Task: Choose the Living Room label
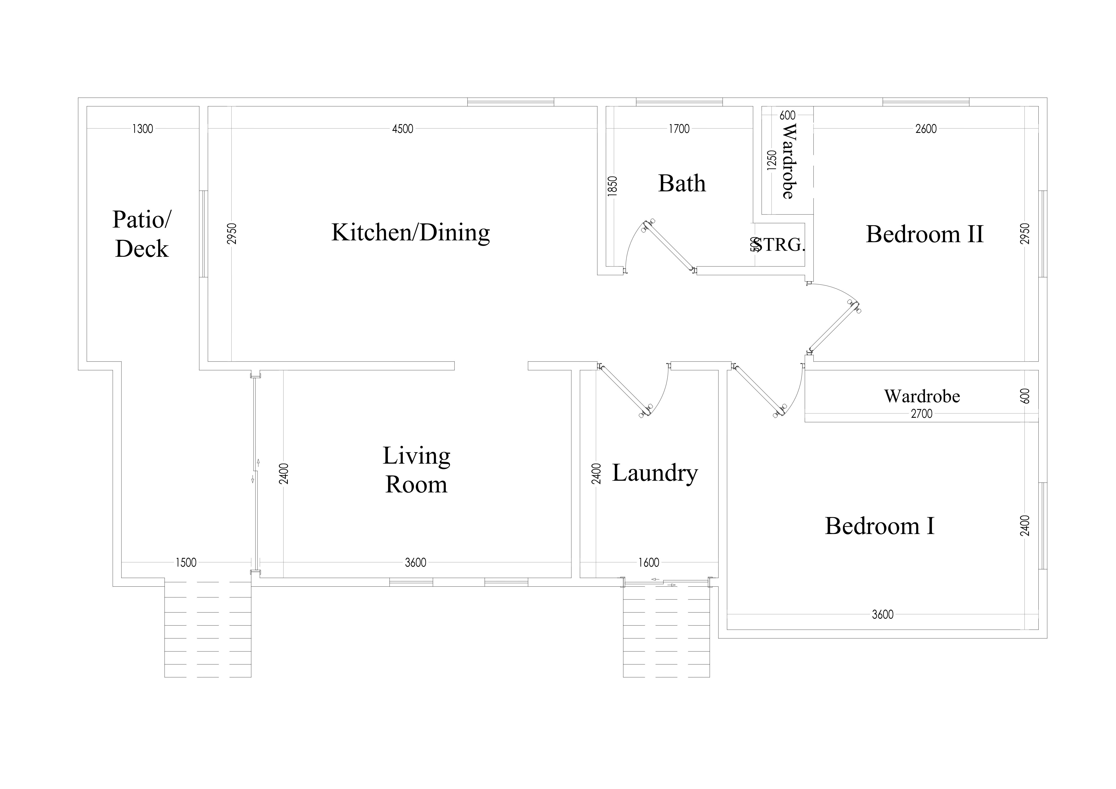click(x=416, y=470)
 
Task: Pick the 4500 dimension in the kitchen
click(x=403, y=129)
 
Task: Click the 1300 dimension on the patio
click(x=142, y=129)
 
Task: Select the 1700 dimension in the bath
click(x=679, y=129)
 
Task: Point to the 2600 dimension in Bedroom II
click(x=926, y=129)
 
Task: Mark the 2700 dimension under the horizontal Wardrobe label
click(x=921, y=414)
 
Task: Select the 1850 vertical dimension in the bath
click(x=613, y=186)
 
